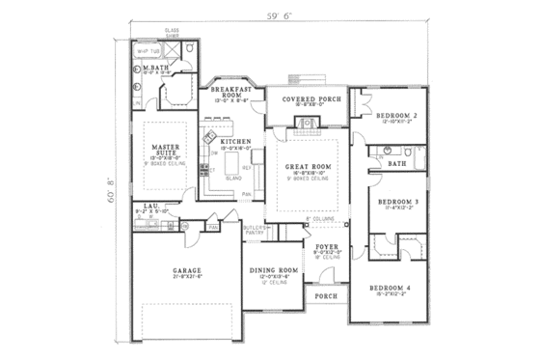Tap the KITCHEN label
[235, 142]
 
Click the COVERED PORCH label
[307, 99]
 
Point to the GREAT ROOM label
[308, 167]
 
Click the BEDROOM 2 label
[397, 116]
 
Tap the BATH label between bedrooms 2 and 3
[396, 163]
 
